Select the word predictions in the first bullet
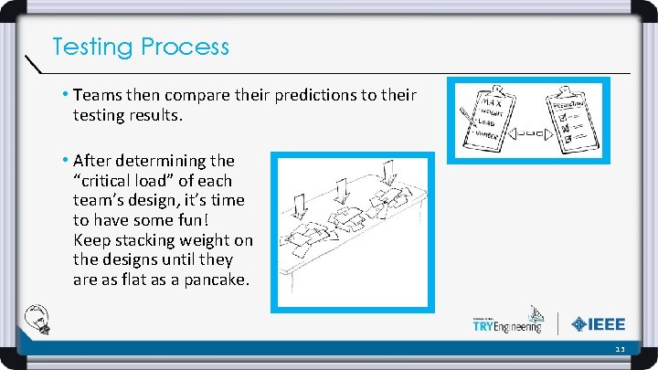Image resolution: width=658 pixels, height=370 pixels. [306, 95]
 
